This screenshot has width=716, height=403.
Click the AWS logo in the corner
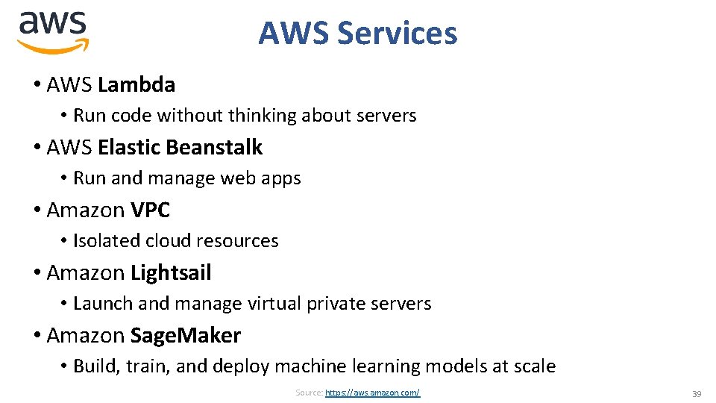click(x=53, y=32)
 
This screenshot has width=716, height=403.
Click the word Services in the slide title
click(x=397, y=34)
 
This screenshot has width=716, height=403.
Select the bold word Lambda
click(x=136, y=84)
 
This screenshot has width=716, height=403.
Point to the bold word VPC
click(x=150, y=210)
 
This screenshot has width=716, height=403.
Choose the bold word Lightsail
click(x=171, y=272)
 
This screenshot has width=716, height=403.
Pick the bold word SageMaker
click(x=186, y=335)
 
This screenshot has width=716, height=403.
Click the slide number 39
click(x=697, y=393)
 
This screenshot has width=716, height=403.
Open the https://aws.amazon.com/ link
click(x=372, y=393)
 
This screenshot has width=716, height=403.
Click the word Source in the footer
click(x=308, y=393)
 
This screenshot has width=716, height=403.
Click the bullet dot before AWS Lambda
click(x=37, y=85)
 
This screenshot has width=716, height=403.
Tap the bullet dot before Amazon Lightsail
click(x=37, y=273)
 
